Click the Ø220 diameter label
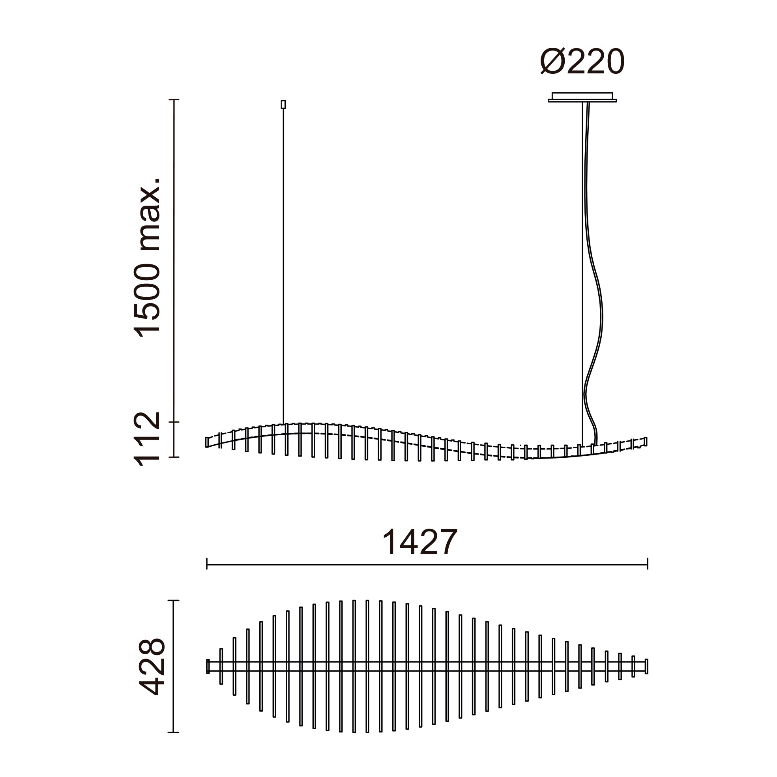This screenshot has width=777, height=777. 582,62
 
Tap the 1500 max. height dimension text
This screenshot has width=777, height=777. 147,257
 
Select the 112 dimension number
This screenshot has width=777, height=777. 147,439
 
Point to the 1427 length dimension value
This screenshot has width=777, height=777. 419,542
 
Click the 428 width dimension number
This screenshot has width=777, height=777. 152,667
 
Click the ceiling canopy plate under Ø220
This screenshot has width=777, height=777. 582,97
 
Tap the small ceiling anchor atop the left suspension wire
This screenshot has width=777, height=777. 283,105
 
